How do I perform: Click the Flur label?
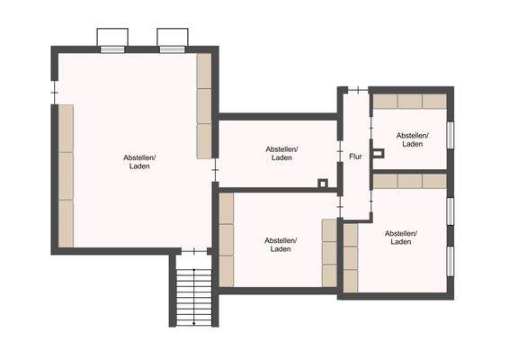[355, 157]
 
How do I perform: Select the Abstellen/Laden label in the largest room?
[139, 162]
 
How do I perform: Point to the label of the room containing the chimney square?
[281, 153]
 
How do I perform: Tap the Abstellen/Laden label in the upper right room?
[413, 139]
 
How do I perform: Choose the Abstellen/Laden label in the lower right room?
[401, 238]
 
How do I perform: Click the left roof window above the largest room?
[112, 40]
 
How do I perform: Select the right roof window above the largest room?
[171, 40]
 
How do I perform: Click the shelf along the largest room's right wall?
[204, 105]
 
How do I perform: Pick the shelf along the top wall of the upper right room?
[409, 101]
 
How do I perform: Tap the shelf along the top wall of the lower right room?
[409, 181]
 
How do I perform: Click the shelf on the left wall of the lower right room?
[350, 258]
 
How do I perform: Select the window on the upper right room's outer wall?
[451, 132]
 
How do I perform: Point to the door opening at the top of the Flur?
[356, 89]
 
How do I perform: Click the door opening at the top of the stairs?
[192, 251]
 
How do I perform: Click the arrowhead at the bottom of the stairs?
[193, 321]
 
